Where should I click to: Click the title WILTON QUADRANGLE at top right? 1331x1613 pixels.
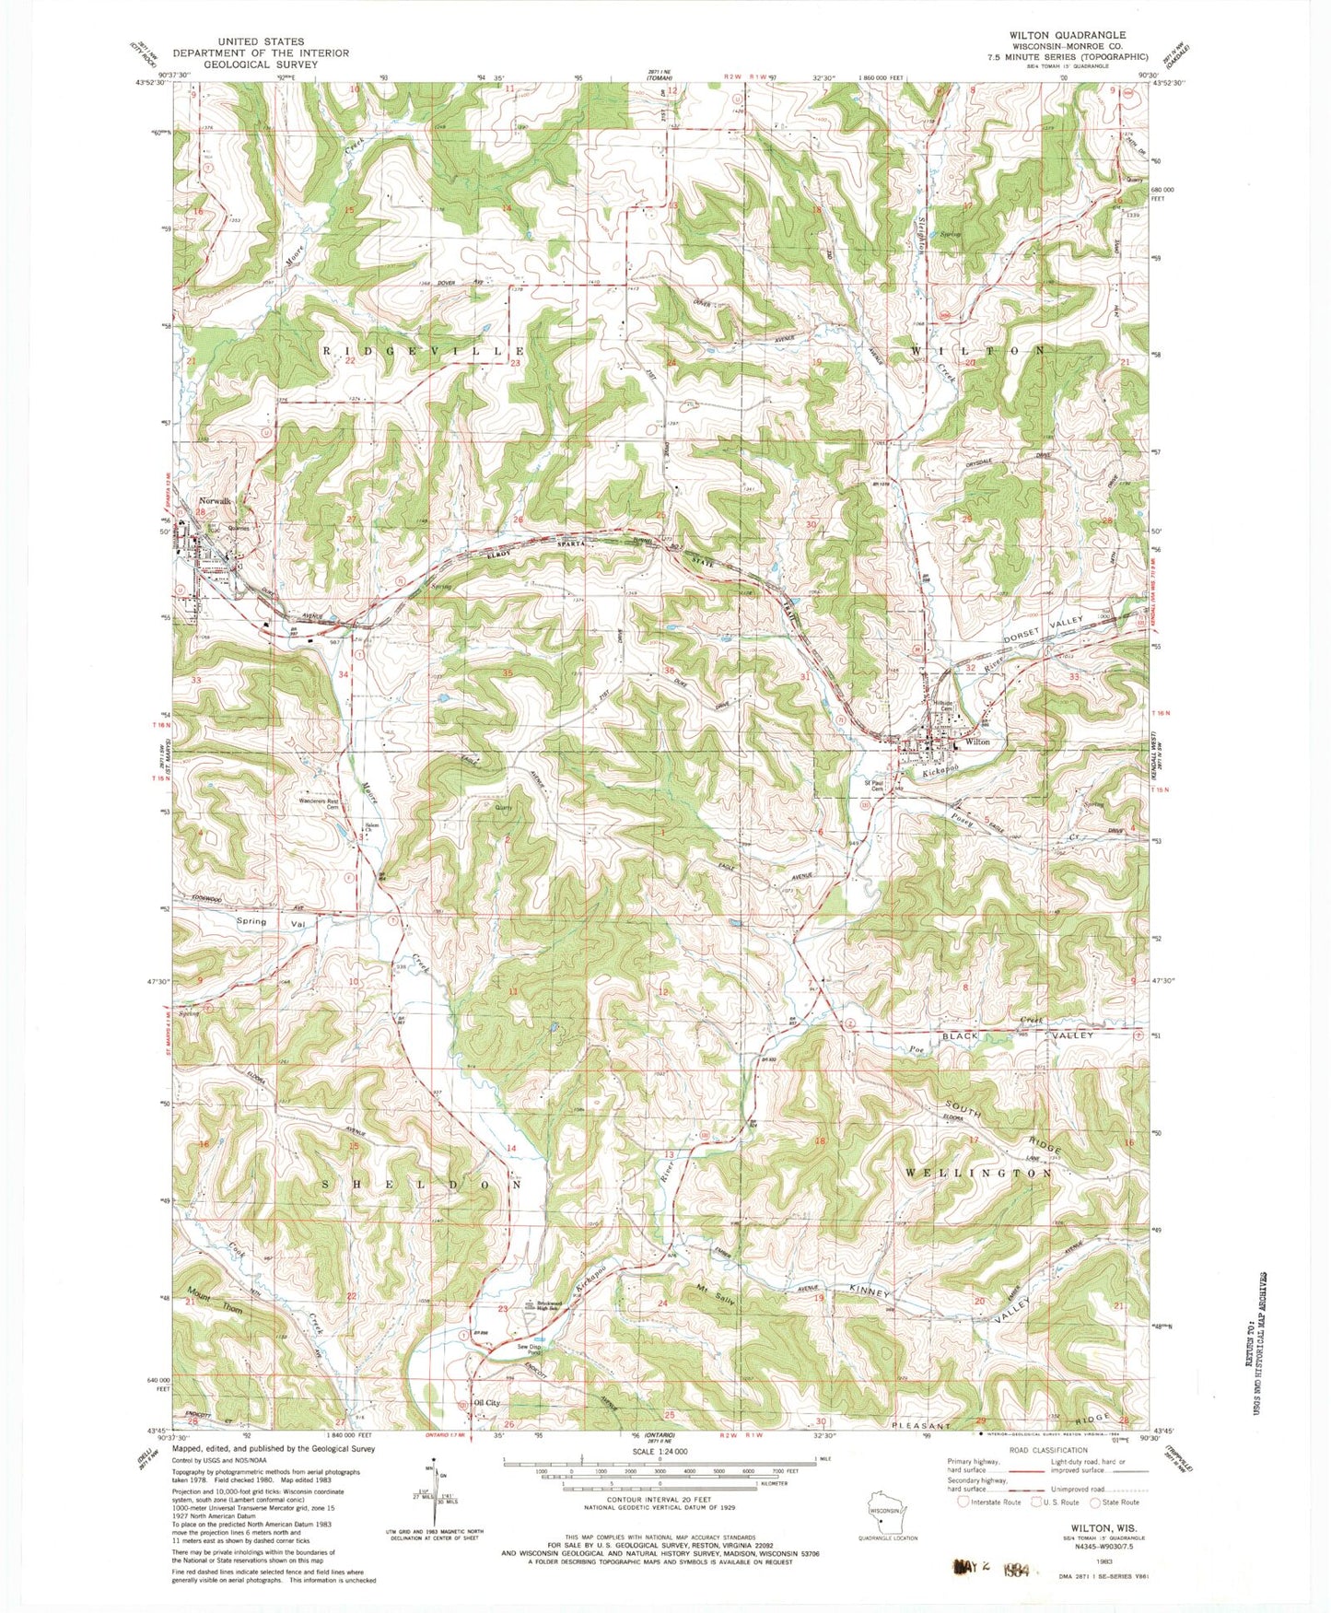[x=1067, y=34]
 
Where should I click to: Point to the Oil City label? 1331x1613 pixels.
[x=485, y=1403]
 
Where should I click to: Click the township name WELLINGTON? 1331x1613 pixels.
[x=978, y=1174]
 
